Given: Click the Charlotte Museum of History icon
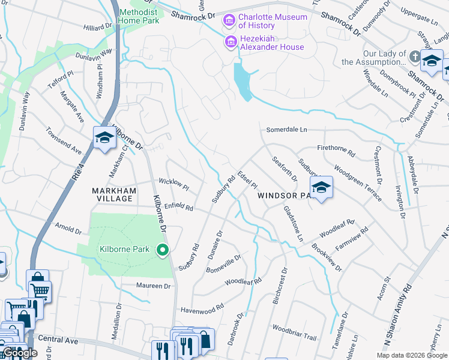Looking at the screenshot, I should (229, 22).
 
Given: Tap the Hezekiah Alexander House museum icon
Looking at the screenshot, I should (229, 42).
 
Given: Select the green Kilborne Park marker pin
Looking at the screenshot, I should (161, 250).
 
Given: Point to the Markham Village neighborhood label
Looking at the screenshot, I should (112, 194).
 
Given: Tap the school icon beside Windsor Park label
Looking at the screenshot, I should (321, 188).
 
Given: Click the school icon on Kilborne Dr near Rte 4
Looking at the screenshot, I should (104, 137).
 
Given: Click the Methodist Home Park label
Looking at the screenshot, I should (139, 16).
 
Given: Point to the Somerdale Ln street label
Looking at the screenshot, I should (286, 130).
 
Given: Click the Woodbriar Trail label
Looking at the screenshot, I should (294, 333).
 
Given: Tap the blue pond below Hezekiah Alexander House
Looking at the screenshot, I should (243, 81).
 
